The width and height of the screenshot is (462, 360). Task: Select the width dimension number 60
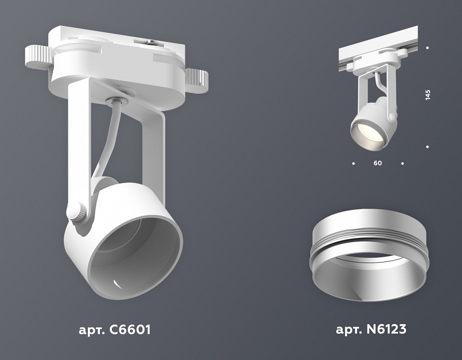(378, 163)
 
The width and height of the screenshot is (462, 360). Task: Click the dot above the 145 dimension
(428, 48)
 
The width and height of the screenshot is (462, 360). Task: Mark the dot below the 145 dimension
(428, 146)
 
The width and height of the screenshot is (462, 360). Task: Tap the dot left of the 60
(354, 163)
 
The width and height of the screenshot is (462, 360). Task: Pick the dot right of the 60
(402, 163)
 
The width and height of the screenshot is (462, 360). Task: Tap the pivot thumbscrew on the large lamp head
(76, 212)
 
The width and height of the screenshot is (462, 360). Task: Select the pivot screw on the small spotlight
(393, 116)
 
